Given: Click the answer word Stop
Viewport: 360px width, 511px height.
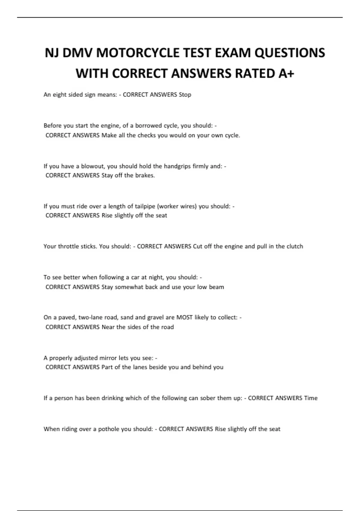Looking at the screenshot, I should [185, 95].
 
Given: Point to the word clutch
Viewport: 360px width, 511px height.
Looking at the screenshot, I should [295, 246].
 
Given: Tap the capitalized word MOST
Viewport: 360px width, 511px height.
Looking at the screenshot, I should [184, 317].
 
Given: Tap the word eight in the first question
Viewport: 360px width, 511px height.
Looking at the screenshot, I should [59, 95].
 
